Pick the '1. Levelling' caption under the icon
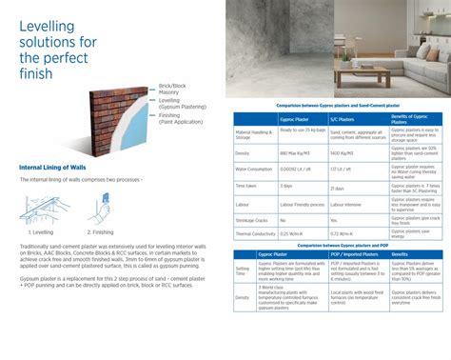pos(41,230)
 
